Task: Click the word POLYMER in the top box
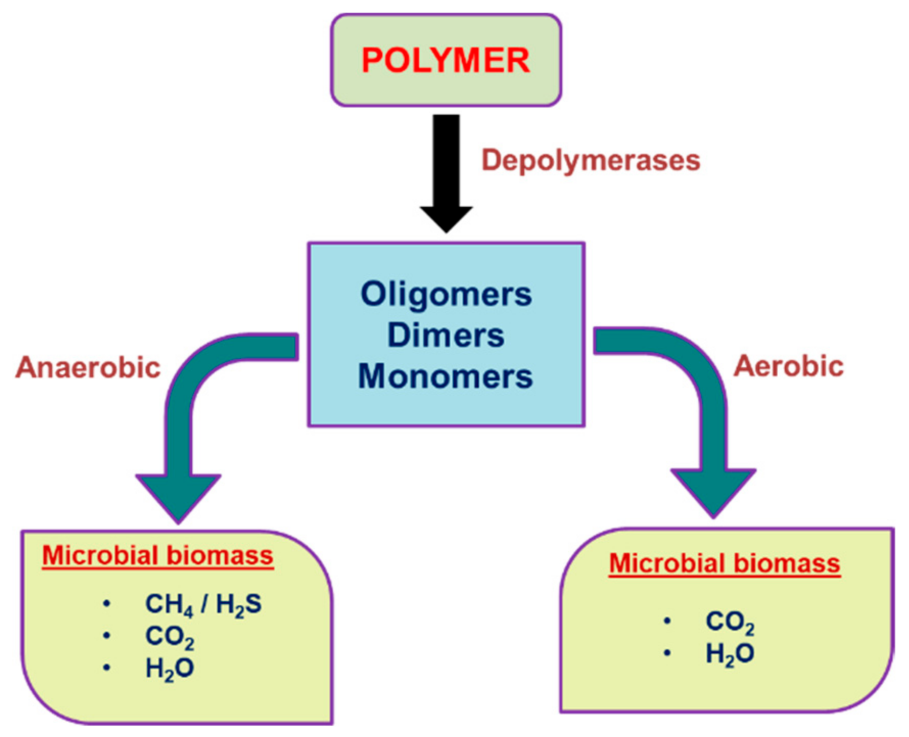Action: (x=446, y=60)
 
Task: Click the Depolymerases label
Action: (x=591, y=160)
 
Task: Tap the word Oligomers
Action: (x=446, y=295)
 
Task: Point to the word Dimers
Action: (x=446, y=336)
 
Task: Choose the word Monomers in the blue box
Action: (x=446, y=376)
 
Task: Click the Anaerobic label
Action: (x=88, y=368)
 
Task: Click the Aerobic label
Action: (x=788, y=367)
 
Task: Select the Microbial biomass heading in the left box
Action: (x=157, y=556)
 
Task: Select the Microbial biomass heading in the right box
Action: (x=725, y=564)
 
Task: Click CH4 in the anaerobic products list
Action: (x=169, y=604)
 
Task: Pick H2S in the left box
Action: (x=239, y=604)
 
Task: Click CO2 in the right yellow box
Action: (x=730, y=622)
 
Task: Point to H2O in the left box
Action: (x=170, y=669)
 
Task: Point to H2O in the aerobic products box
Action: (x=730, y=654)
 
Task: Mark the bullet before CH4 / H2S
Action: (x=106, y=604)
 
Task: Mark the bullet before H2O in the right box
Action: (x=667, y=653)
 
